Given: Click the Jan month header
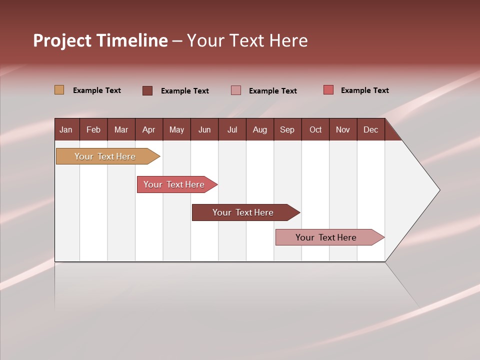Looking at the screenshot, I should (66, 129).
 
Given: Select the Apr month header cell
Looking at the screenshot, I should (149, 129).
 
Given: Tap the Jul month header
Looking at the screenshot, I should (232, 129).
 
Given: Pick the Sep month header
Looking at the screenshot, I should (287, 129).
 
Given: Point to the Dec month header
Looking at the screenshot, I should (370, 129).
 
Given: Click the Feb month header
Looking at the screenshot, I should (93, 129).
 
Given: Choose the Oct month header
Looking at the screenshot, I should (315, 129).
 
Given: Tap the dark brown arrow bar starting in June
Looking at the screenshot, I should (243, 212).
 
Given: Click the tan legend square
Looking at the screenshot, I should (59, 90).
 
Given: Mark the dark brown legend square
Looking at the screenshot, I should (147, 90).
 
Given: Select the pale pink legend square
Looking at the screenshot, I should (236, 90).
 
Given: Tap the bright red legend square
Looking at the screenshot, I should (328, 90).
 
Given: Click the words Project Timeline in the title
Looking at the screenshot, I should (100, 40).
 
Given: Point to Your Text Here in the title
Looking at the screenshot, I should (247, 40).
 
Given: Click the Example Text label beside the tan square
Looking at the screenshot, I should (97, 90).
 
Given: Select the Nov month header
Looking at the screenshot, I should (343, 129).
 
